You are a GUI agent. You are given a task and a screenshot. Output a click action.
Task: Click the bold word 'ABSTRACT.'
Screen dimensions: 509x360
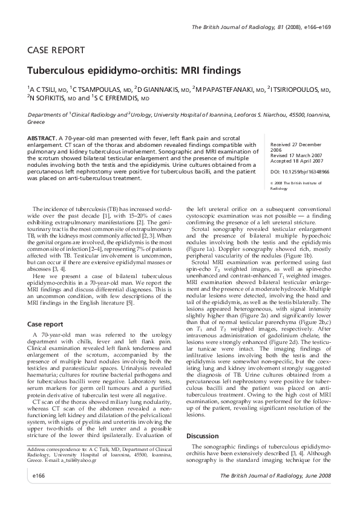[x=42, y=138]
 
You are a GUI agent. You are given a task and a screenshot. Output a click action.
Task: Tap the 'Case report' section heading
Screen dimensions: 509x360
[x=46, y=325]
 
